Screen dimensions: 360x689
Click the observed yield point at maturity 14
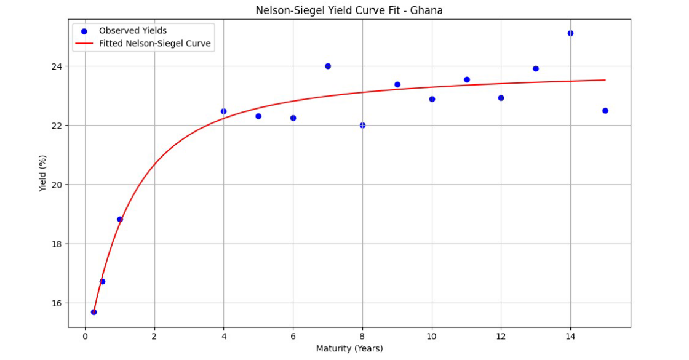(570, 33)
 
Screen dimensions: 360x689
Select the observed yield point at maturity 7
(328, 66)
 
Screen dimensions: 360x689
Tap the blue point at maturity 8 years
(362, 126)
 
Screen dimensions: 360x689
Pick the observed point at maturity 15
(605, 111)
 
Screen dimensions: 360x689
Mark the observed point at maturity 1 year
(120, 219)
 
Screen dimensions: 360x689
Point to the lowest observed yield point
(94, 312)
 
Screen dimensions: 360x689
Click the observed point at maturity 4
(224, 111)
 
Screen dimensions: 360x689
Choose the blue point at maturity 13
(536, 68)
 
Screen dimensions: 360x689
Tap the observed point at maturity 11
(467, 79)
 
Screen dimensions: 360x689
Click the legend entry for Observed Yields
(132, 31)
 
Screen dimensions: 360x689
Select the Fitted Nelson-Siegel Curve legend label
(156, 44)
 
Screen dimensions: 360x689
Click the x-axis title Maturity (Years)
(349, 349)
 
